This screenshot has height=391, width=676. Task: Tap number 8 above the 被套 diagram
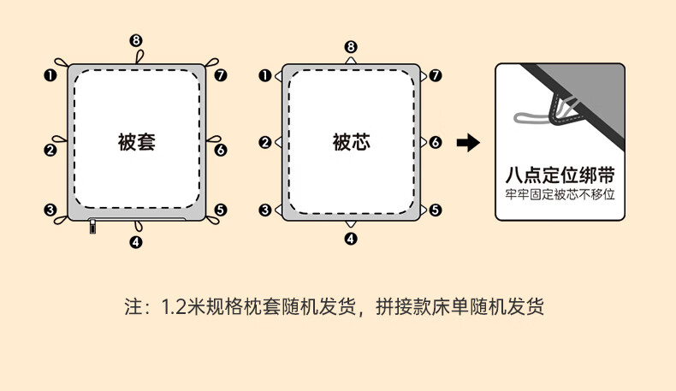tap(136, 40)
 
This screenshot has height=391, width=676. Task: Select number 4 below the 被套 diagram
tap(136, 242)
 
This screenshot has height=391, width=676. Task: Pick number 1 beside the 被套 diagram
tap(50, 75)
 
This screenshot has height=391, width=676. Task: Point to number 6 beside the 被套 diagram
tap(221, 150)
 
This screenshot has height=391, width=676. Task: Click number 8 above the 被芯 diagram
tap(351, 46)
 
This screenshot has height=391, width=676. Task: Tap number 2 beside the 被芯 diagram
tap(265, 143)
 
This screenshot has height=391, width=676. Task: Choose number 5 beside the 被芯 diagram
tap(436, 210)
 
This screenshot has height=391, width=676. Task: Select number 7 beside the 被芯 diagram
tap(436, 75)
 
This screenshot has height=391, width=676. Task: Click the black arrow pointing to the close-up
tap(468, 142)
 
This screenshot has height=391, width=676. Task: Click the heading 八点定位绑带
tap(560, 175)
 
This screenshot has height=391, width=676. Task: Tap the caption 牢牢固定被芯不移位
tap(560, 194)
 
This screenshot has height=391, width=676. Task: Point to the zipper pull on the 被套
tap(92, 228)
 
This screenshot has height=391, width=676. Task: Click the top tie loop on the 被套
tap(139, 56)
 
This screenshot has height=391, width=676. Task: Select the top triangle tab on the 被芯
tap(351, 62)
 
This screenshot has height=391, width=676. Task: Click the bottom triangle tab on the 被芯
tap(351, 223)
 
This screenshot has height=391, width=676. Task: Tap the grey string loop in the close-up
tap(526, 117)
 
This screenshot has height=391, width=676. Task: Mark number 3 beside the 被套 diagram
tap(50, 210)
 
